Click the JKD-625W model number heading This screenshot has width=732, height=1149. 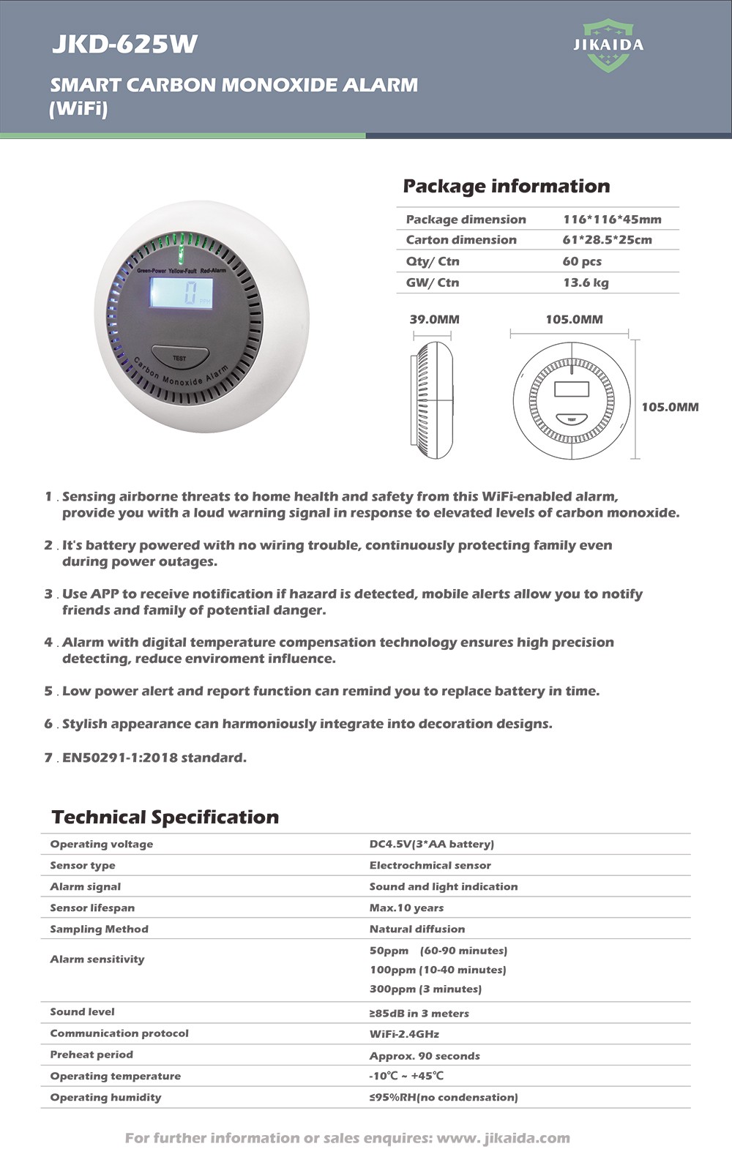pos(124,45)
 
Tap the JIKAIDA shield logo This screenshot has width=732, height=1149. pos(608,45)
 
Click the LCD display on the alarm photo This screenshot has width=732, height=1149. pos(182,293)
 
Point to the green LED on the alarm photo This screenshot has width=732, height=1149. pos(180,255)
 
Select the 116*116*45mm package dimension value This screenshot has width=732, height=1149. pos(612,220)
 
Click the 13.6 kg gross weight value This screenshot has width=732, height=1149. pos(585,282)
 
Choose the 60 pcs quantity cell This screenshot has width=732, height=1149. pos(582,261)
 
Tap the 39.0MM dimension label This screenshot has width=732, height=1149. pos(434,319)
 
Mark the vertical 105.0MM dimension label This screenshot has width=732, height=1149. pos(670,407)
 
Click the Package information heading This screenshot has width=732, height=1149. pos(506,186)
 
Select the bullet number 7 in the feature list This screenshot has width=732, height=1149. pos(48,757)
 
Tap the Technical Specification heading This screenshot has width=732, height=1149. pos(165,817)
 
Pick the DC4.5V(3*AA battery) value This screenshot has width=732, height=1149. pos(431,844)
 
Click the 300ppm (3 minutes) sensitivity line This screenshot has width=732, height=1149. pos(425,989)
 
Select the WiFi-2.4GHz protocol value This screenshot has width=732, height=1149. pos(404,1034)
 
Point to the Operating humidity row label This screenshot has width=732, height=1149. pos(105,1097)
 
